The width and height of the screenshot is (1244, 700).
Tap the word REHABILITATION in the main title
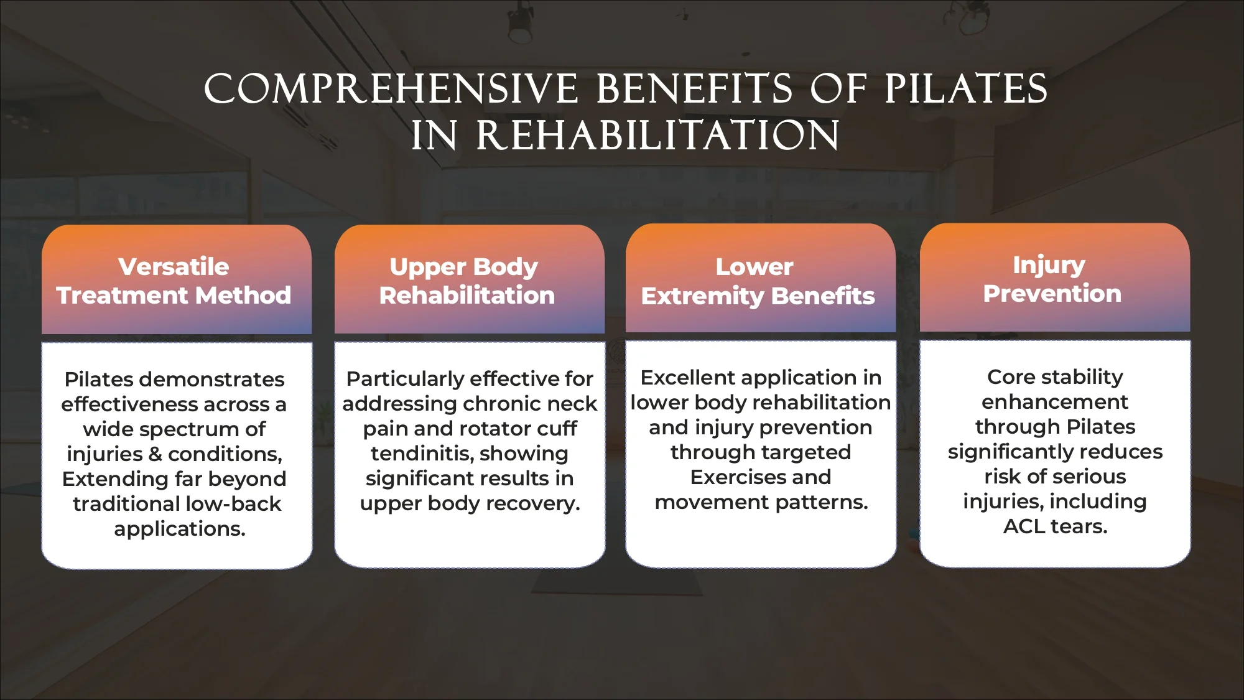click(658, 136)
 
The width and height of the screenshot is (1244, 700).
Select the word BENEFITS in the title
click(695, 89)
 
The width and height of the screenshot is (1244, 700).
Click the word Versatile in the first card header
click(174, 267)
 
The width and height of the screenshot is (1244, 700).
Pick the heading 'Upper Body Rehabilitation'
click(466, 281)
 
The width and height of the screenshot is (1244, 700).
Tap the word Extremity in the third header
click(702, 296)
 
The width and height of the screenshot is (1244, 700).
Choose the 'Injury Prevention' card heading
click(1052, 279)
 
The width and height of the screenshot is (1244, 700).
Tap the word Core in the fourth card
click(1010, 377)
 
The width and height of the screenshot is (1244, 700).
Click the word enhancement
click(1054, 402)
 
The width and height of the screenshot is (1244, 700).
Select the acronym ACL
click(1025, 526)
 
